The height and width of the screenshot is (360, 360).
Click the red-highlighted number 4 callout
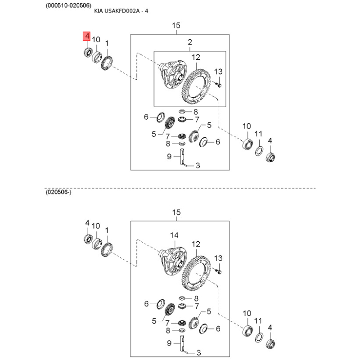[x=87, y=36]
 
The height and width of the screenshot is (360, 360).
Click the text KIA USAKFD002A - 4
[x=127, y=12]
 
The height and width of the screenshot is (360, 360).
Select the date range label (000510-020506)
[x=68, y=5]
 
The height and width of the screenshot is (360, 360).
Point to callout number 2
[x=190, y=43]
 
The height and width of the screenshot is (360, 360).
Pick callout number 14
[x=174, y=235]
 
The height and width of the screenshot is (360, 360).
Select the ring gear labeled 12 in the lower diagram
[x=196, y=272]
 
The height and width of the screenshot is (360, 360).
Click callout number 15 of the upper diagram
[x=176, y=26]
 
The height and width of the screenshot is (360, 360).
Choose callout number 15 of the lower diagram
[x=176, y=212]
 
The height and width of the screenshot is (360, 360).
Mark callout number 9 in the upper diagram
[x=169, y=157]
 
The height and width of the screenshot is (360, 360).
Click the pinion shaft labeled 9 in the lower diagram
[x=183, y=343]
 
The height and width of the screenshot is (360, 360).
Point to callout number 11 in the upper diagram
[x=258, y=134]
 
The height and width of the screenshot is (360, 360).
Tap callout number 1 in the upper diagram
[x=107, y=43]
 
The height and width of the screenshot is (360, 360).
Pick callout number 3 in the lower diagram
[x=198, y=353]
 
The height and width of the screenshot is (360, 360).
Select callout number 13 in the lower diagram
[x=218, y=258]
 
